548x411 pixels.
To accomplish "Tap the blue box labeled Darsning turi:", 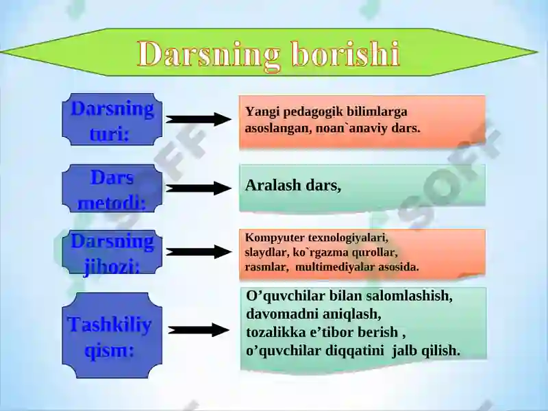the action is tap(112, 119).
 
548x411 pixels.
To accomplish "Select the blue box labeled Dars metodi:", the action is tap(112, 188).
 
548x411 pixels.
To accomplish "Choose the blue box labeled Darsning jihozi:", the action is tap(112, 252).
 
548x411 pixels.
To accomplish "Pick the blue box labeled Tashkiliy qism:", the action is tap(112, 336).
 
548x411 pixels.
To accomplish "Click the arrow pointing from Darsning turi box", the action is tap(198, 119).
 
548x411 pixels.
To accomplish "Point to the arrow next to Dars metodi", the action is tap(198, 188).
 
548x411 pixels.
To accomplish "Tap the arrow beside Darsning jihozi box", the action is tap(199, 252).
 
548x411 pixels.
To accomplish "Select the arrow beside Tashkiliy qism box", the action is tap(199, 330).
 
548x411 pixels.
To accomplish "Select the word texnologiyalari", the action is tap(348, 238).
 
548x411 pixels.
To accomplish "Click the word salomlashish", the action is tap(409, 296).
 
